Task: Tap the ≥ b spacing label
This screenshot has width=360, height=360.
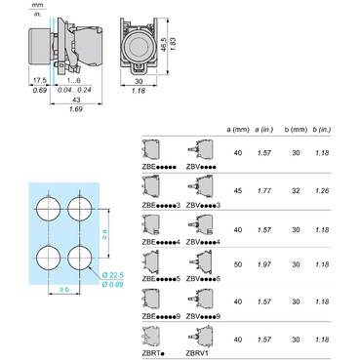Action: (62, 291)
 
